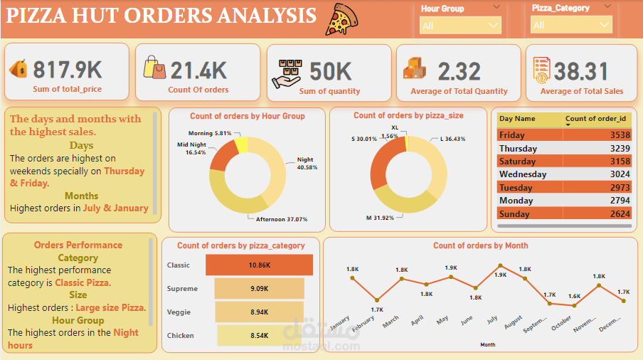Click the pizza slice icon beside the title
342,19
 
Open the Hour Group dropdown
460,26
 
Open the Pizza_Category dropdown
571,25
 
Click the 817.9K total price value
68,70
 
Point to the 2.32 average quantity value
459,71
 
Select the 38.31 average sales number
581,71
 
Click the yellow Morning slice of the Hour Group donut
241,144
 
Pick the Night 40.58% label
307,164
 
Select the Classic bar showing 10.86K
259,265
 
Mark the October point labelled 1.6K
573,305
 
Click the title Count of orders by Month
480,245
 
